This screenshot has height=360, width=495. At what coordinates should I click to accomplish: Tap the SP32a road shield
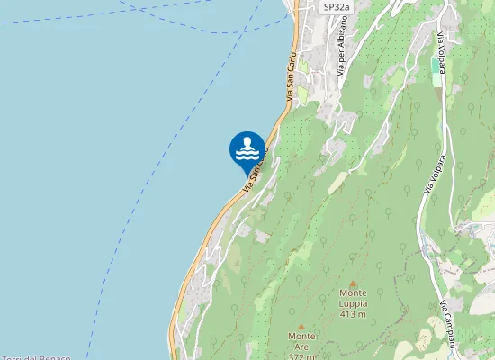coord(336,6)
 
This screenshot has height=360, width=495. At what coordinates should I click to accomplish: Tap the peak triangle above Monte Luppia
coord(353,282)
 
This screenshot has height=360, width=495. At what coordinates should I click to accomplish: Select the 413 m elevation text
coord(353,314)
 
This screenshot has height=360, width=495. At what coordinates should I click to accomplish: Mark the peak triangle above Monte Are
coord(301,326)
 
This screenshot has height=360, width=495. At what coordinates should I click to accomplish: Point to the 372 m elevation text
coord(301,355)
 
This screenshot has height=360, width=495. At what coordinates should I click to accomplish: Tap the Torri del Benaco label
coord(36,357)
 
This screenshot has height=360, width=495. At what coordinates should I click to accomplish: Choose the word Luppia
coord(353,303)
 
